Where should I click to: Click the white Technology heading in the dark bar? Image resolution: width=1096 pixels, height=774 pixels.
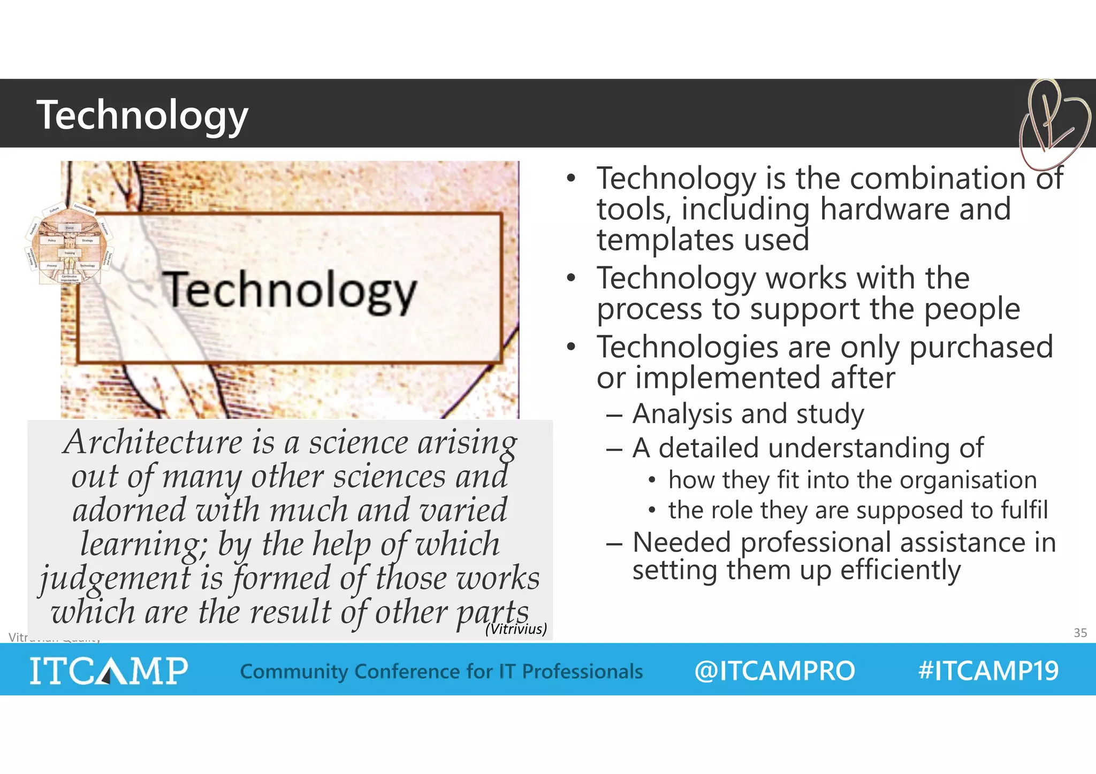pyautogui.click(x=142, y=115)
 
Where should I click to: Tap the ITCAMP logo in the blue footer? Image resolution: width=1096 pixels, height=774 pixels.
pyautogui.click(x=109, y=671)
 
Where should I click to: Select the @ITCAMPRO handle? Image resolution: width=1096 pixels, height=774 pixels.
pyautogui.click(x=774, y=671)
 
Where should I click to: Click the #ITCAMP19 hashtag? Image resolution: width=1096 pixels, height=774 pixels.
pyautogui.click(x=988, y=671)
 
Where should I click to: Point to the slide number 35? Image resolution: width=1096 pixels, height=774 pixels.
pyautogui.click(x=1080, y=633)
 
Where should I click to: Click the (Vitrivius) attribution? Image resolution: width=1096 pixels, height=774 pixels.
pyautogui.click(x=516, y=629)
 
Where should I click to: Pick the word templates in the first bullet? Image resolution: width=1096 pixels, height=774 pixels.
pyautogui.click(x=665, y=240)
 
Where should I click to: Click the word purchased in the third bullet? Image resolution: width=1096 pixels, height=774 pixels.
pyautogui.click(x=981, y=347)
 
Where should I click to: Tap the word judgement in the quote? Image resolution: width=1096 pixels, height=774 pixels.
pyautogui.click(x=115, y=579)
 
